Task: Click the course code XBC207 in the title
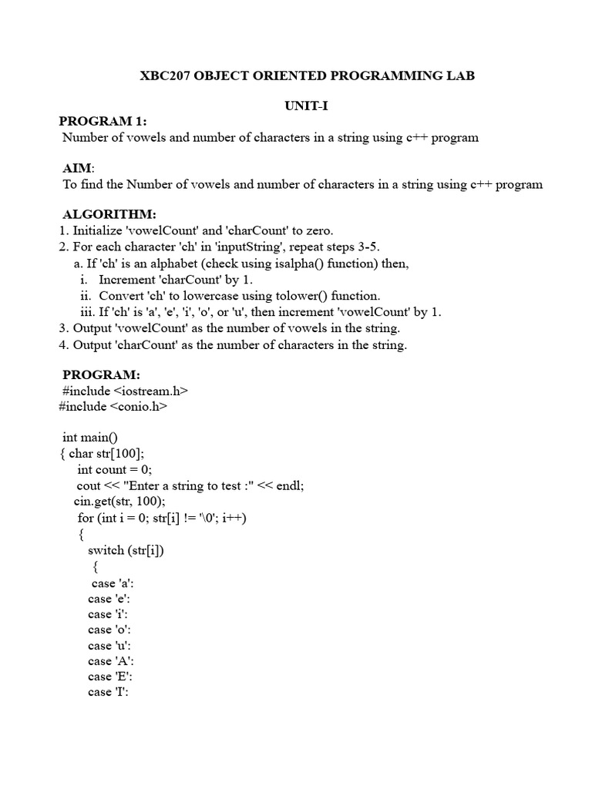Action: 166,76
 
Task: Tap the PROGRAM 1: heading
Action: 103,122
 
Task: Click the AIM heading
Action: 78,169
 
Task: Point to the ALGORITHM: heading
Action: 109,214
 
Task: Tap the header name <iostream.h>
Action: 156,391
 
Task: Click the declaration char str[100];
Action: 106,453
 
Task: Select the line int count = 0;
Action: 115,469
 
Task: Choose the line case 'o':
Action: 109,630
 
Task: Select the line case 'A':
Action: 111,661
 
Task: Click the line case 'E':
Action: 111,677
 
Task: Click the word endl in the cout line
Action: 291,485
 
